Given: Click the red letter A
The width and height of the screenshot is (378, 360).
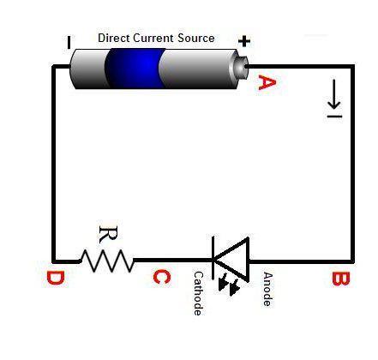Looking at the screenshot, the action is [267, 82].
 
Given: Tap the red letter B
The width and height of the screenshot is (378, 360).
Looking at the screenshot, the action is [340, 279].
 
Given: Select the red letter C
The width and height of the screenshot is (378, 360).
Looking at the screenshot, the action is [162, 277].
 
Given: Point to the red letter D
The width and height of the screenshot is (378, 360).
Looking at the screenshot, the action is [56, 278].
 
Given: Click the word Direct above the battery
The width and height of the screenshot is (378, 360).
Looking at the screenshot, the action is [114, 38].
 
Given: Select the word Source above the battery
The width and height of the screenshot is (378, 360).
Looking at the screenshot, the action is [196, 38].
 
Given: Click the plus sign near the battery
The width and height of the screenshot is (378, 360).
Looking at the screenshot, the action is [244, 41].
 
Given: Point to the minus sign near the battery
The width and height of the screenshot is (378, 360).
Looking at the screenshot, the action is [69, 42].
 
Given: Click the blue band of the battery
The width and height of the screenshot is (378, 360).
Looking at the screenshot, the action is [135, 68].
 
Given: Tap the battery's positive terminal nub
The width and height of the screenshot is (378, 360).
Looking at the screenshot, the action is [242, 67].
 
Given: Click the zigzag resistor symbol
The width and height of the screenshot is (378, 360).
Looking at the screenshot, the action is [106, 261].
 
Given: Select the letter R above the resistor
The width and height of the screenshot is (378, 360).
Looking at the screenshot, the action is [108, 235].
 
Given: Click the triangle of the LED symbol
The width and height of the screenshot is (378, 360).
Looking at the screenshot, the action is [232, 260].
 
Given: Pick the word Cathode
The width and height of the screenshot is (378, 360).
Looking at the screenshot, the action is [198, 293].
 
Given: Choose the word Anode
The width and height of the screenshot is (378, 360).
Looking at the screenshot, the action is [267, 289].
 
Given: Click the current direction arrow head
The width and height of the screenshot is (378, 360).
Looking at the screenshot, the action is [334, 104].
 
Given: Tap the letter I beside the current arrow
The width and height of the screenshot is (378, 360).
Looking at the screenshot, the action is [334, 116].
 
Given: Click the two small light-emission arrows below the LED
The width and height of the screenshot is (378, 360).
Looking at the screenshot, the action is [229, 285].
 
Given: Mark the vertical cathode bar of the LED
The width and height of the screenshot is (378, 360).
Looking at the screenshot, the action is [213, 258].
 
